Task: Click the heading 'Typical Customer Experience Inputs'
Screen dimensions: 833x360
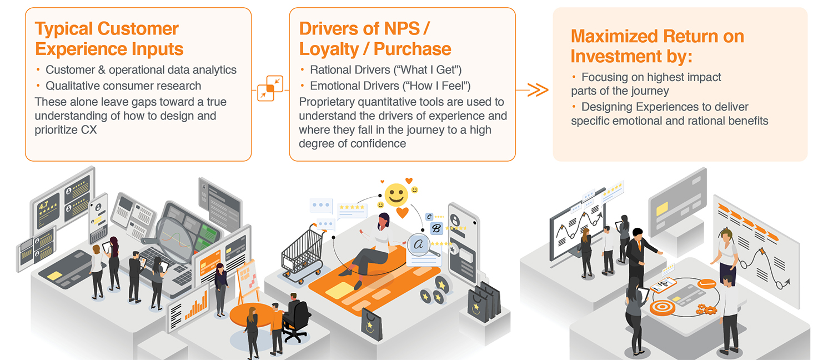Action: click(x=109, y=39)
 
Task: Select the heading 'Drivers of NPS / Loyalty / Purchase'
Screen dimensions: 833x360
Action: click(x=375, y=39)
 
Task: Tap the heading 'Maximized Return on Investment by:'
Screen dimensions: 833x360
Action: click(x=657, y=46)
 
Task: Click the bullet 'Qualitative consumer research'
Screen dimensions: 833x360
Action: click(x=123, y=86)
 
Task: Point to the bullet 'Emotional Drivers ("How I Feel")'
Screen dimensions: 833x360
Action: click(x=390, y=86)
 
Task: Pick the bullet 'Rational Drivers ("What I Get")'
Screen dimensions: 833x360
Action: click(x=385, y=70)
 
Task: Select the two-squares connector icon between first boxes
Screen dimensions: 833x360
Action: click(x=270, y=88)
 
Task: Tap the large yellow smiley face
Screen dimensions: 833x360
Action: click(x=396, y=194)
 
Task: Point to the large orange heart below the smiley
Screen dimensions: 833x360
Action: click(x=403, y=213)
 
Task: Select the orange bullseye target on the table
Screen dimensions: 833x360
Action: click(x=663, y=308)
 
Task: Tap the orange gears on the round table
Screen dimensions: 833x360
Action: click(x=706, y=309)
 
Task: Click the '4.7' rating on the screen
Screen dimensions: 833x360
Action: click(x=43, y=206)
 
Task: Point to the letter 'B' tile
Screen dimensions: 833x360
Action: click(x=436, y=228)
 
